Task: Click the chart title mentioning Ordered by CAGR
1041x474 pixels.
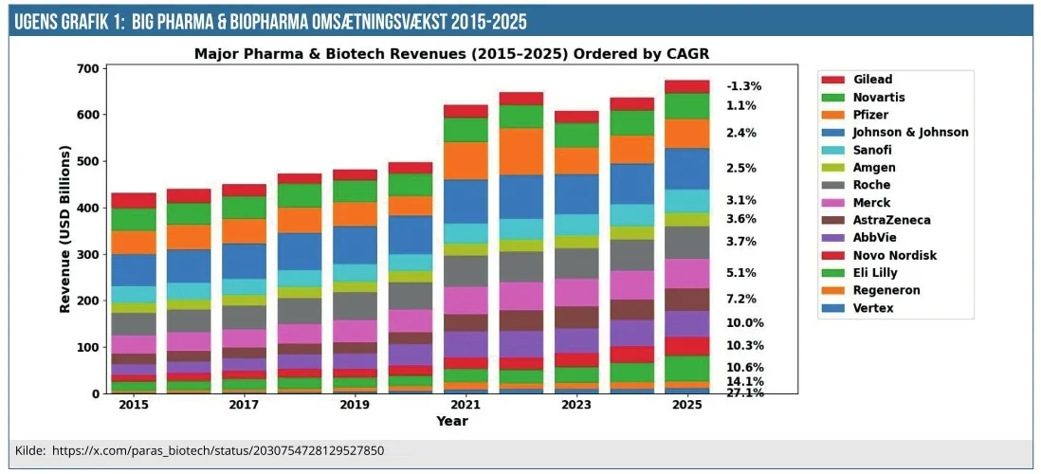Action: [451, 54]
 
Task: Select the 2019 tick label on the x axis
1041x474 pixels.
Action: [355, 405]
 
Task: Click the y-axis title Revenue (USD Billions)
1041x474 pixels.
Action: [65, 229]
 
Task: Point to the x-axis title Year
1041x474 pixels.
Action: [451, 420]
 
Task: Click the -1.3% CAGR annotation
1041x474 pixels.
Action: [743, 86]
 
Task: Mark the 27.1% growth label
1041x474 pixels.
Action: [744, 392]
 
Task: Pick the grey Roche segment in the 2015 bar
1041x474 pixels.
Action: [134, 323]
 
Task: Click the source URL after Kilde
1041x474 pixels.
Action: [218, 451]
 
